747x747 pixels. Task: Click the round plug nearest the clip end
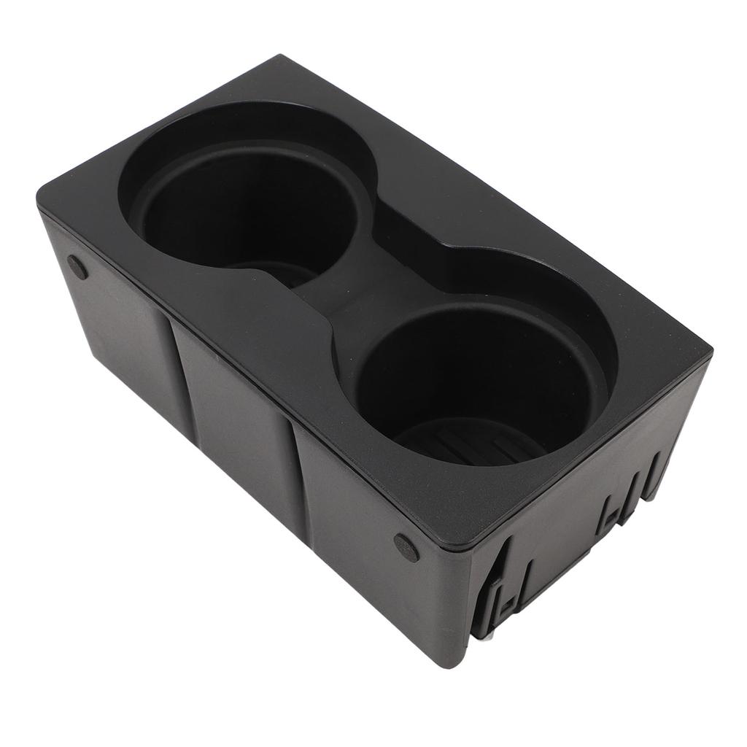click(406, 547)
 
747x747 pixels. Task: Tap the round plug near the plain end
click(77, 268)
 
